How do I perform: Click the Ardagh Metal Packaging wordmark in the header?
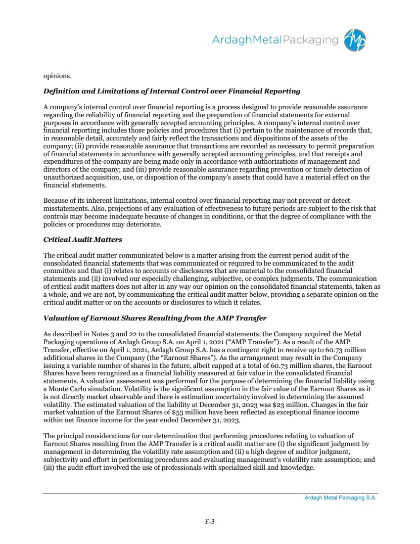275,40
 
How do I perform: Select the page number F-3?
210,521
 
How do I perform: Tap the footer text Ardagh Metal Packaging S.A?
340,498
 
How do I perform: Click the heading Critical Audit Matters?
83,239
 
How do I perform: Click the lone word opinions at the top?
57,76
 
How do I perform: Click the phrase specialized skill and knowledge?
268,467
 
